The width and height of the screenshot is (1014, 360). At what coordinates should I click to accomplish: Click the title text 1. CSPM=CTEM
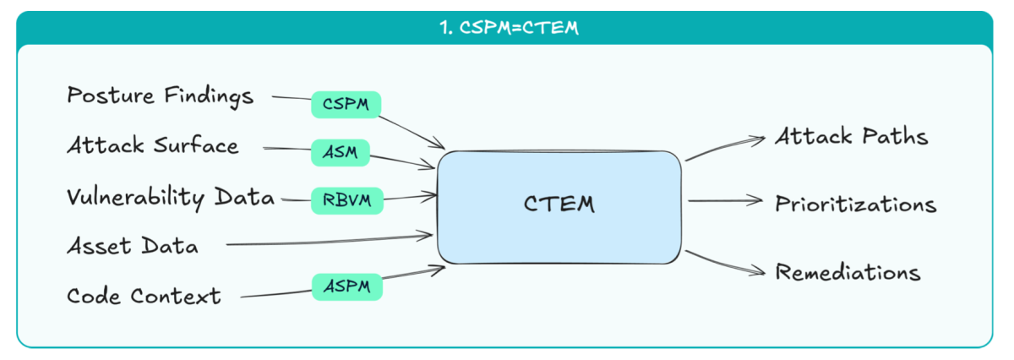508,28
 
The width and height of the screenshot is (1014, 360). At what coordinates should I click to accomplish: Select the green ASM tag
340,152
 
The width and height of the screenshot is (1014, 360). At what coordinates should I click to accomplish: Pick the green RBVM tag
346,200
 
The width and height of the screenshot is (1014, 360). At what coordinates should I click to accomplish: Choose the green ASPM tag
346,286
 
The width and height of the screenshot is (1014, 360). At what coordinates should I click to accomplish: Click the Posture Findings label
160,96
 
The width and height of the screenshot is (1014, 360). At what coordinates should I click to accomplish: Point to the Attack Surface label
153,146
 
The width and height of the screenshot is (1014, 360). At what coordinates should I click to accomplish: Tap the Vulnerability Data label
171,197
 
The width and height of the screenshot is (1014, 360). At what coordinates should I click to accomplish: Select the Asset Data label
133,247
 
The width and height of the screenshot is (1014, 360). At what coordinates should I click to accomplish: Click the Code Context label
144,296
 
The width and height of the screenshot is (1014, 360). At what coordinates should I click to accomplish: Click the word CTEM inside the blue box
559,205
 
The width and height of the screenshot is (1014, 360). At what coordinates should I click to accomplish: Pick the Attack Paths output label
852,137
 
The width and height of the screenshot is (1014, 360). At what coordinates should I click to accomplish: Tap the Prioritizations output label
856,205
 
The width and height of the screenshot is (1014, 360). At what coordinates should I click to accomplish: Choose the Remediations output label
848,273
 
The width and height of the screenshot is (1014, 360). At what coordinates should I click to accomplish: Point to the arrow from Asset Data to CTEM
330,242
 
